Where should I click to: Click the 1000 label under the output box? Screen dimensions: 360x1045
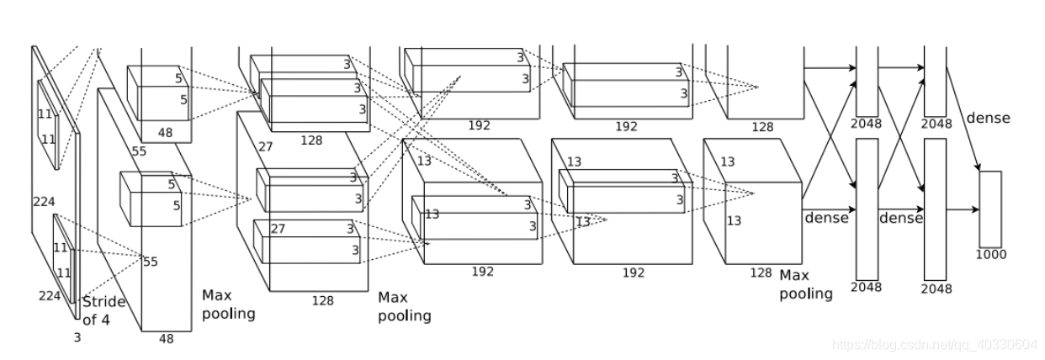pos(990,254)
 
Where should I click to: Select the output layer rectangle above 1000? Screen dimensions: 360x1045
pos(990,209)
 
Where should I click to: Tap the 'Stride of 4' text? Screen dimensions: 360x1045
pos(103,310)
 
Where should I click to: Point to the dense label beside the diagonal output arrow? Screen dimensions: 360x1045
pos(988,118)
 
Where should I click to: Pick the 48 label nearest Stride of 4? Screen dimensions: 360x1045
pos(166,338)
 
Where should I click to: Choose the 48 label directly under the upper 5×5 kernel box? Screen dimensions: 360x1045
pos(166,132)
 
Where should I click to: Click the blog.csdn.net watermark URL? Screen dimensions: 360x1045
pos(933,345)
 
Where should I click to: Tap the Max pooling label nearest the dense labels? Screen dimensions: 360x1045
pos(805,284)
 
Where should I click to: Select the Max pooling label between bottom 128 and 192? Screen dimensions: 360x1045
pos(404,306)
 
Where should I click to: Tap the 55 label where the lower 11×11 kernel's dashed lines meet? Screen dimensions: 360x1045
pos(150,262)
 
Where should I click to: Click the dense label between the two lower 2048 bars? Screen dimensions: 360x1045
pos(900,218)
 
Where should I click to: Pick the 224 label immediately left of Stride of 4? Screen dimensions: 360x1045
pos(50,295)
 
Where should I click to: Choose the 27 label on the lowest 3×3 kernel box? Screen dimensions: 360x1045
pos(278,229)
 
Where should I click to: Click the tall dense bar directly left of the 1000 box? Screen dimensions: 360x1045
pos(935,209)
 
